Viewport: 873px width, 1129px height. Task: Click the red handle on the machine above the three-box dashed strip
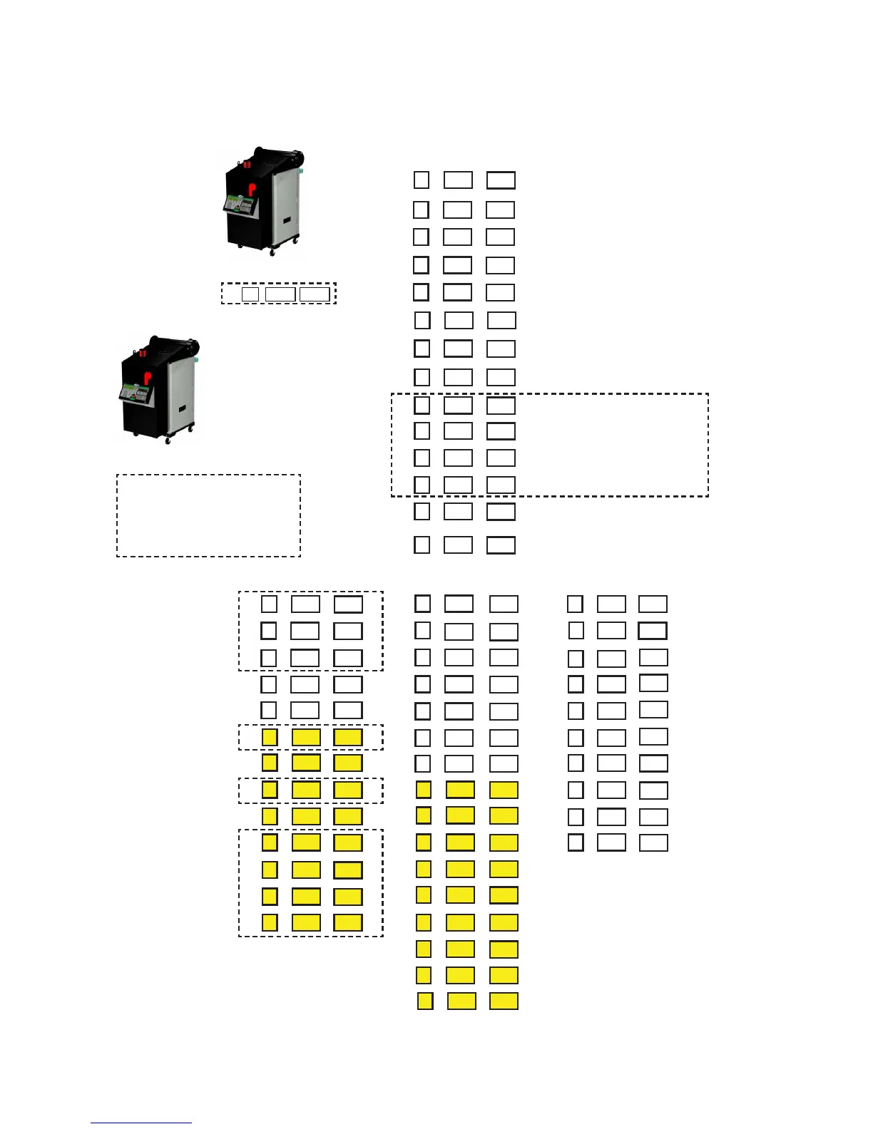click(x=251, y=190)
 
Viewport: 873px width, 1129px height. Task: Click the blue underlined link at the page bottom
click(x=141, y=1123)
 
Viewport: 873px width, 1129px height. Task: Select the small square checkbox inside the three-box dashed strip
click(x=250, y=294)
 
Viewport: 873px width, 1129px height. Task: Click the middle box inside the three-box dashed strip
click(x=280, y=294)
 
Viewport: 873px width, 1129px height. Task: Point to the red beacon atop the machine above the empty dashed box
click(x=143, y=353)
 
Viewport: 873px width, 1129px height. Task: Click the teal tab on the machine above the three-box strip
click(x=302, y=171)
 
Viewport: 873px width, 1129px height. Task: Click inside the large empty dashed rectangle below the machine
click(x=208, y=515)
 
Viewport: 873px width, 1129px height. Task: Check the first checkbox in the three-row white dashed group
click(x=269, y=604)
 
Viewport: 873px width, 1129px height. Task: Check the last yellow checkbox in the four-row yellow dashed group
click(x=270, y=922)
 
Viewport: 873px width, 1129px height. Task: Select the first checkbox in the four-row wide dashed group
click(x=422, y=405)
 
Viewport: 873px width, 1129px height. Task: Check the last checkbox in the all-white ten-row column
click(x=576, y=842)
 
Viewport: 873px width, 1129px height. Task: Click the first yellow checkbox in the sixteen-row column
click(x=424, y=790)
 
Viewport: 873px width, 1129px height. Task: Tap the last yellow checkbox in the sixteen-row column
click(x=425, y=1001)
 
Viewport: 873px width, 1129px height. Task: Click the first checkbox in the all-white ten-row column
click(x=575, y=604)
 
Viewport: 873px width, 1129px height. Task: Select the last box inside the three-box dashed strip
click(x=315, y=294)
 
